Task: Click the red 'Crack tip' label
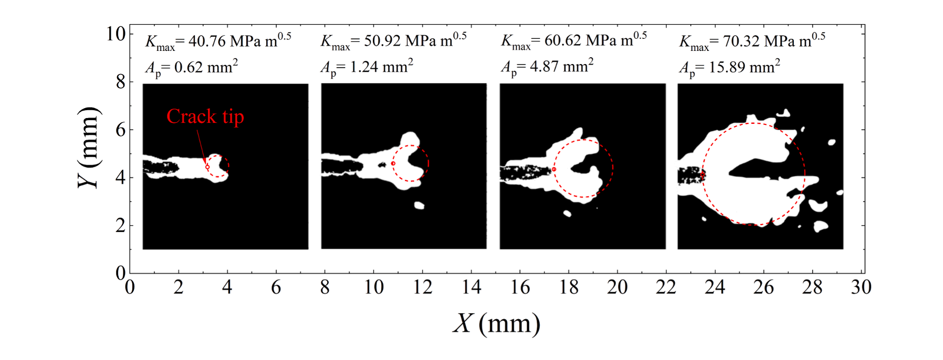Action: pyautogui.click(x=205, y=117)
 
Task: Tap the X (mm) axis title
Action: pyautogui.click(x=496, y=323)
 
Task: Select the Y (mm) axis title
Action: pyautogui.click(x=89, y=147)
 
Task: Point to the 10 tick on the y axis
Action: pyautogui.click(x=116, y=34)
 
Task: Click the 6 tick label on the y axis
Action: pyautogui.click(x=121, y=130)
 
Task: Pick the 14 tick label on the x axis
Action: pyautogui.click(x=471, y=287)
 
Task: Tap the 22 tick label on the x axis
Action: pyautogui.click(x=666, y=287)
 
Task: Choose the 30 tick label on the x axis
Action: pyautogui.click(x=861, y=287)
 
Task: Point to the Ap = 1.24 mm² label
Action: pyautogui.click(x=366, y=68)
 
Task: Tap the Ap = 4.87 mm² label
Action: pyautogui.click(x=547, y=68)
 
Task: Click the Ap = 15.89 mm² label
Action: pyautogui.click(x=729, y=68)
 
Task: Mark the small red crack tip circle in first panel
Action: pyautogui.click(x=207, y=167)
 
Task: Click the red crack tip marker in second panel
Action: pyautogui.click(x=393, y=163)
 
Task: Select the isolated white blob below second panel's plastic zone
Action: pyautogui.click(x=418, y=205)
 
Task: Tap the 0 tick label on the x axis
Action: pyautogui.click(x=130, y=287)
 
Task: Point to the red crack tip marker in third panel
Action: pyautogui.click(x=554, y=170)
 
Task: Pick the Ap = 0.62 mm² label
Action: pyautogui.click(x=191, y=68)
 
